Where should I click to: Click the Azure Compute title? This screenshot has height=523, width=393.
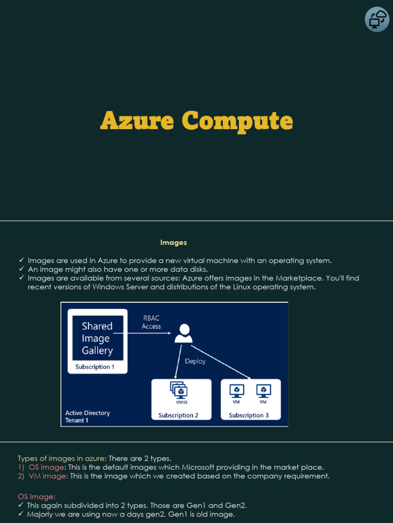tap(196, 122)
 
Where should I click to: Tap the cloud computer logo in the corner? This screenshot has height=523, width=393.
tap(377, 19)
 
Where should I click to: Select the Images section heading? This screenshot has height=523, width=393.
tap(173, 243)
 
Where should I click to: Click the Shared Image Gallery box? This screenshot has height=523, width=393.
tap(97, 338)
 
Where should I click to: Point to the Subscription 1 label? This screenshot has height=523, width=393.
tap(95, 367)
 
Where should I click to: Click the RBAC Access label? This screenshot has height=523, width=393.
tap(151, 322)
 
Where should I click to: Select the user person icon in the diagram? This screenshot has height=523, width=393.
tap(183, 333)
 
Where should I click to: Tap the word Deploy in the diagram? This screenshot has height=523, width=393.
tap(195, 361)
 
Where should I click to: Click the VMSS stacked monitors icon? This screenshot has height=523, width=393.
tap(180, 391)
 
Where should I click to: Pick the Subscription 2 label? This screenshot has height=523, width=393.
tap(179, 415)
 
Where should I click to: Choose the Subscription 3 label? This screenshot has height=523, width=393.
tap(249, 415)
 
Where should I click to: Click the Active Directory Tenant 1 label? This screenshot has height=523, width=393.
tap(88, 416)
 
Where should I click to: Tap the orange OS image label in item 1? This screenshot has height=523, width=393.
tap(47, 467)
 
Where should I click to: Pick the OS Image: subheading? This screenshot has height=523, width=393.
tap(36, 496)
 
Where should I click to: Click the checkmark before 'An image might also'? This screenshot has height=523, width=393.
tap(21, 269)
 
